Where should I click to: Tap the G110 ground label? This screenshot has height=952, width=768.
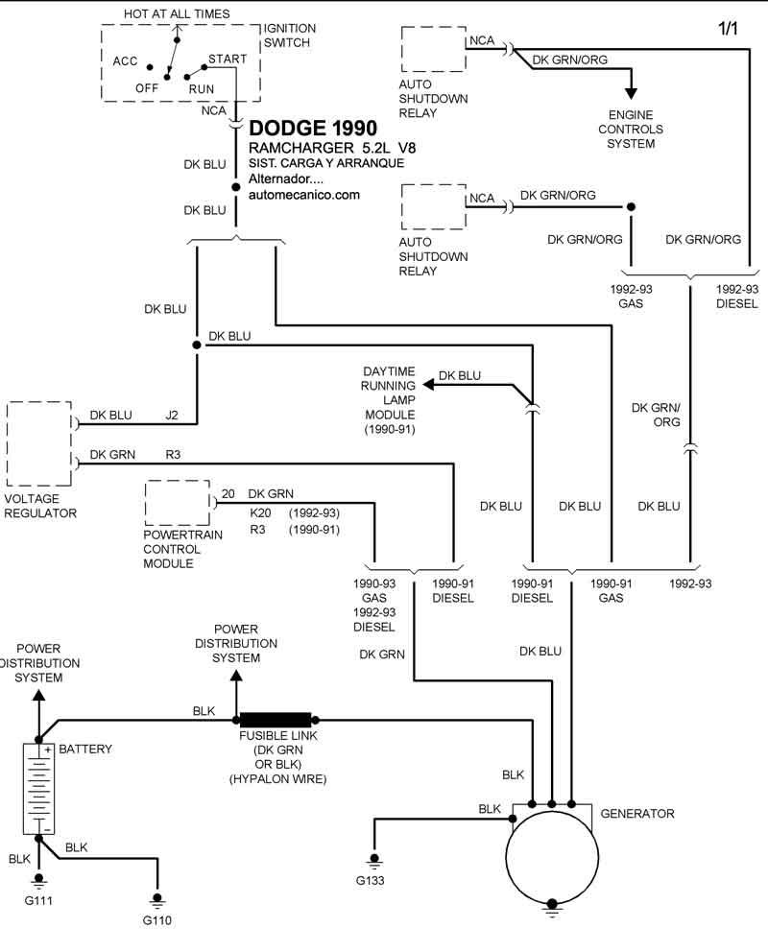coord(157,920)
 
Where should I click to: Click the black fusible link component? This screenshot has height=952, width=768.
coord(276,720)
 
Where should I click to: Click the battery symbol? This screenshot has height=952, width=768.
coord(38,788)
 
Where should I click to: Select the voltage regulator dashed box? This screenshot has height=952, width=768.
coord(39,444)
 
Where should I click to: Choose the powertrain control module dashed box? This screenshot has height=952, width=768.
coord(177,503)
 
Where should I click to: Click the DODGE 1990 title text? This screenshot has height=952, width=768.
coord(313,129)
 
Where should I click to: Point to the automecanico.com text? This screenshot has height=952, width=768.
coord(304,194)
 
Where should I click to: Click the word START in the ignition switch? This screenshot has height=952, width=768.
coord(228,59)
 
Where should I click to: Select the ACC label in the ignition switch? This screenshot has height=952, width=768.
coord(126,61)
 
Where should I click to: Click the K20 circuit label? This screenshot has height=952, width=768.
coord(260,513)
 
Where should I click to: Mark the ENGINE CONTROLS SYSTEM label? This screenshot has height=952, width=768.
coord(630,130)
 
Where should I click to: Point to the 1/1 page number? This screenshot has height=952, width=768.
coord(729,30)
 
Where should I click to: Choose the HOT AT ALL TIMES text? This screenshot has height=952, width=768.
coord(178,13)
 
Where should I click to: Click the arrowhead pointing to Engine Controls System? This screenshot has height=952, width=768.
coord(631,93)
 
